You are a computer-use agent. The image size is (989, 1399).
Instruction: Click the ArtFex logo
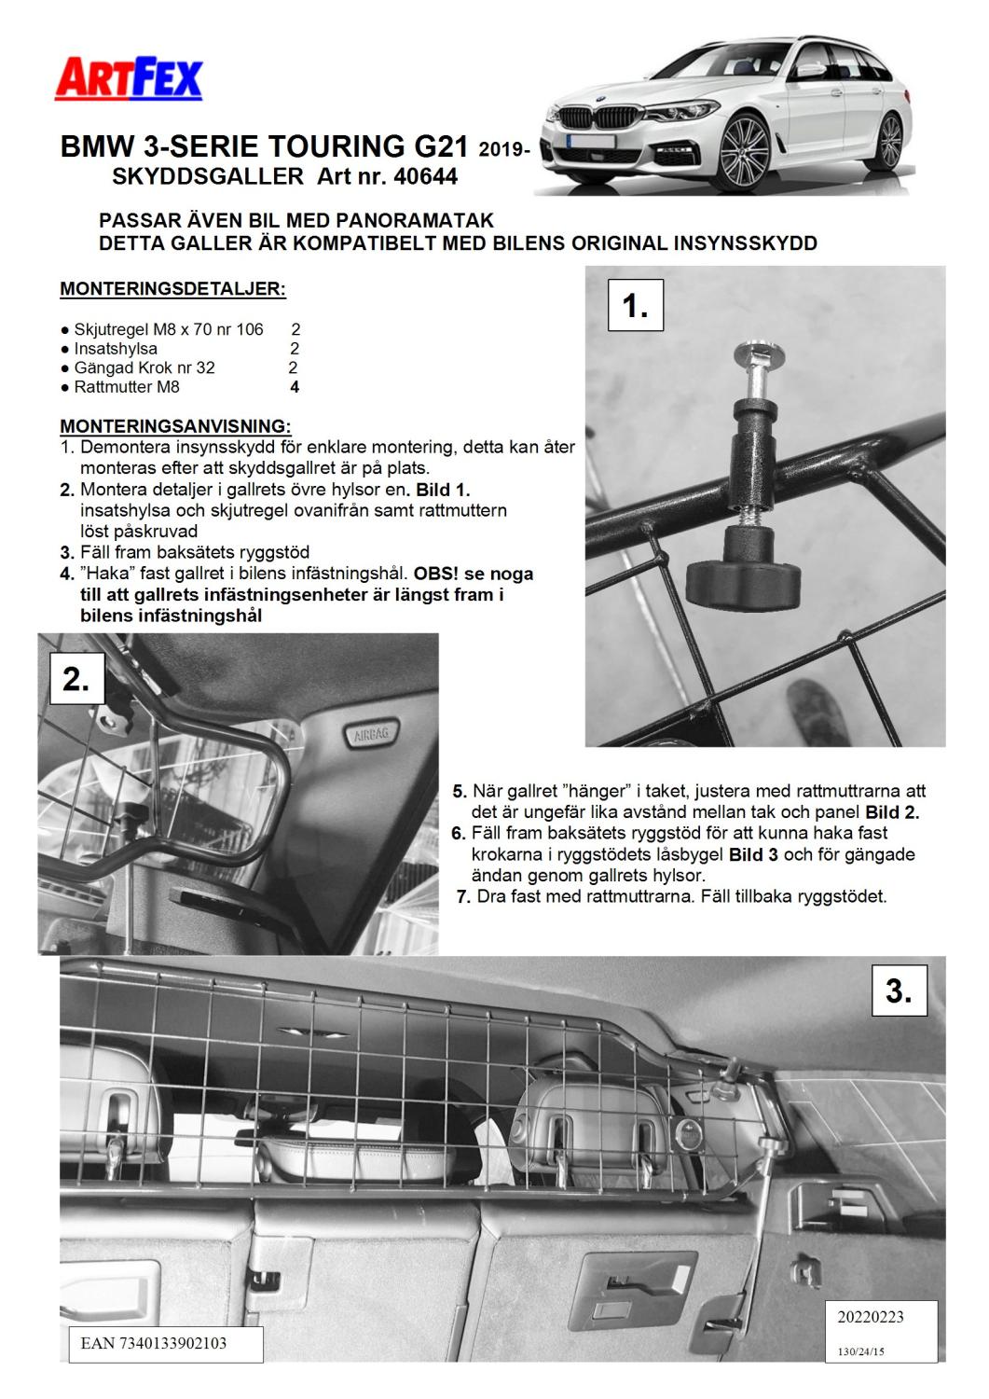[129, 79]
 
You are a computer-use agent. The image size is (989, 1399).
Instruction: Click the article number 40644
[425, 175]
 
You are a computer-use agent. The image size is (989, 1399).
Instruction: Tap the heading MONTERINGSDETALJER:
[172, 289]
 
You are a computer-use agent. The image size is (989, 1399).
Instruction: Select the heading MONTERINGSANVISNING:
[175, 426]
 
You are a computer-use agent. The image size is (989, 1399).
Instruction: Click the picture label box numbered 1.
[635, 304]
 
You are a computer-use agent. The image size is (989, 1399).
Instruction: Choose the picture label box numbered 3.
[899, 989]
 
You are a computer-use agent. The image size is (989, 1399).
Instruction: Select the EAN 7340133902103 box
[155, 1344]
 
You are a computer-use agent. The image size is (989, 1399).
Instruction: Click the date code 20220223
[870, 1317]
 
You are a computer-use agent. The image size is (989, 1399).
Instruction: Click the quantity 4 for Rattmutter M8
[295, 387]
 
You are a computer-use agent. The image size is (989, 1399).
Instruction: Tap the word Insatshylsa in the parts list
[116, 349]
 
